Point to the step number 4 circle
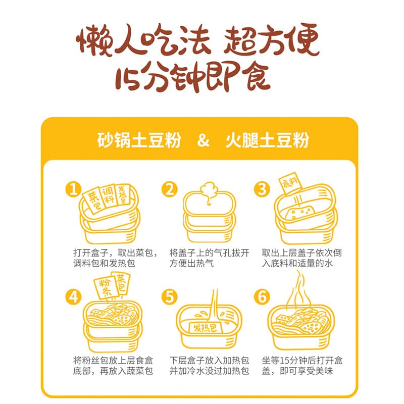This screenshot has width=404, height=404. [74, 297]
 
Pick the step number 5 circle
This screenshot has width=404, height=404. [170, 297]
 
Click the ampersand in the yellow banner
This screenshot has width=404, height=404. [203, 140]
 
